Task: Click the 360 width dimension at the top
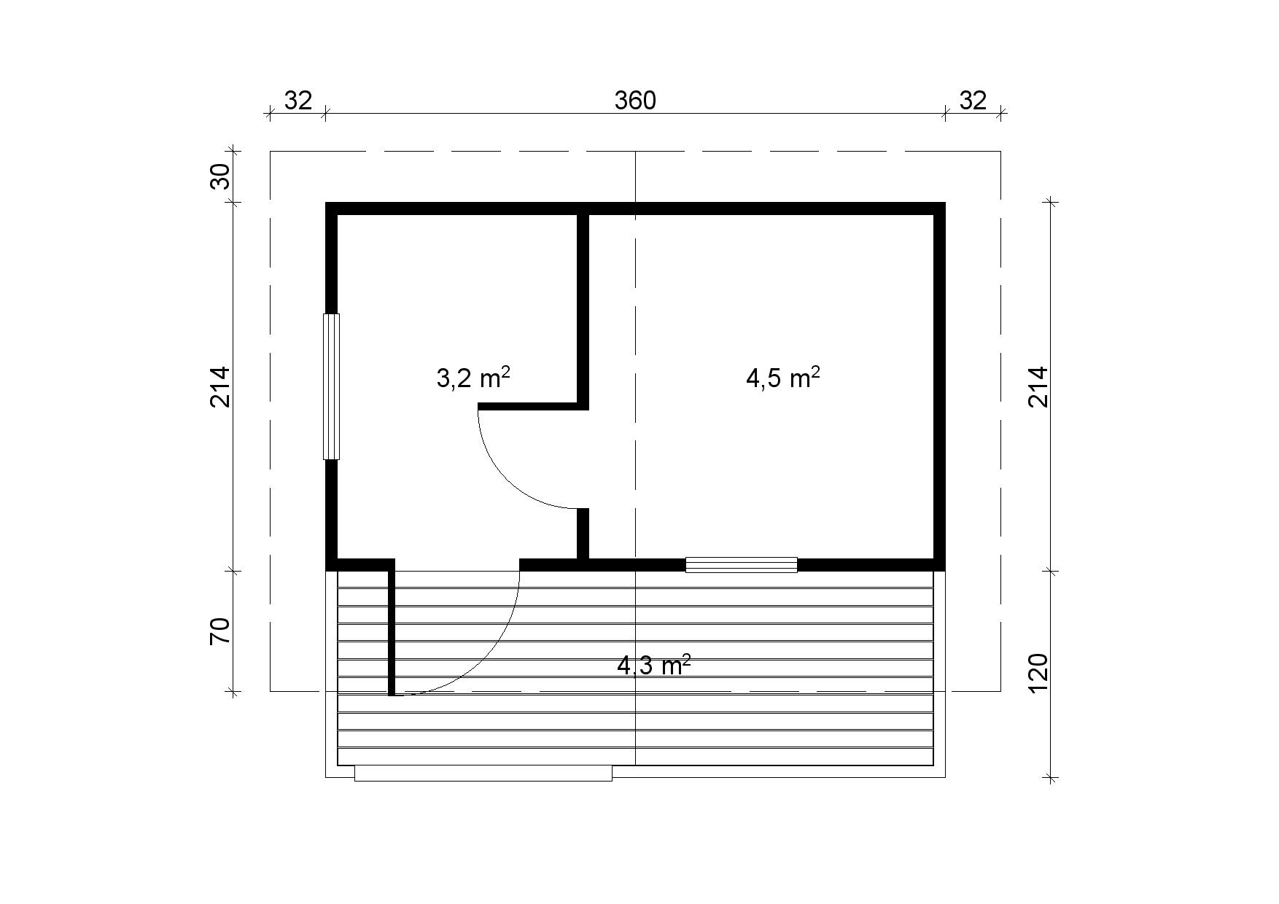click(635, 101)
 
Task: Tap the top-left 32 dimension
click(298, 101)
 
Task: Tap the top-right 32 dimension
click(973, 101)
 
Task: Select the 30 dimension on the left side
click(220, 176)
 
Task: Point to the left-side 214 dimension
click(220, 386)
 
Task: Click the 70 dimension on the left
click(220, 631)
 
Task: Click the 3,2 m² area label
click(473, 378)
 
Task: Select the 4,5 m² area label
click(783, 378)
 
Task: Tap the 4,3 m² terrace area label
click(654, 665)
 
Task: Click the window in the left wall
click(332, 386)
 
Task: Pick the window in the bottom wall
click(742, 564)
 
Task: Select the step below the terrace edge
click(483, 774)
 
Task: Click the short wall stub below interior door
click(583, 534)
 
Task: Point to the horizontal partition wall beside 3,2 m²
click(533, 405)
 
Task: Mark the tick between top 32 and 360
click(325, 113)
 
